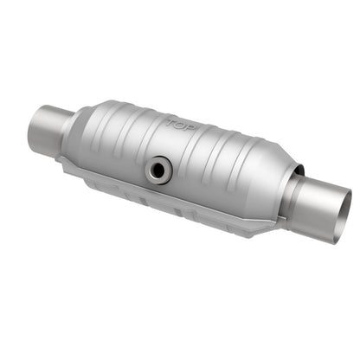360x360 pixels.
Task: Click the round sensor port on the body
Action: tap(157, 167)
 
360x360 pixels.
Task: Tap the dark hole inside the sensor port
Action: tap(157, 168)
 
